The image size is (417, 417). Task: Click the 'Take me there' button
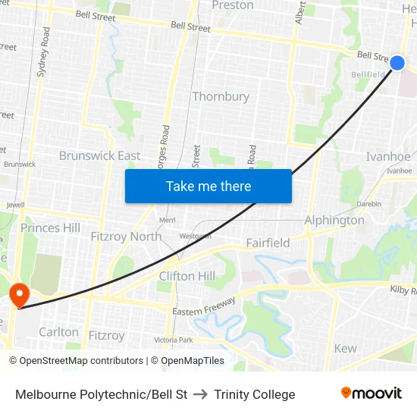(x=208, y=187)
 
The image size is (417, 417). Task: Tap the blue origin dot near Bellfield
(x=397, y=63)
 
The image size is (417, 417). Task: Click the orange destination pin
(x=17, y=293)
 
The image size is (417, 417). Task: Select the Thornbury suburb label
(x=221, y=96)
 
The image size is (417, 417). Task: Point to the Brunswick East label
(x=99, y=155)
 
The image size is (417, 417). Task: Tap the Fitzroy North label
(x=126, y=237)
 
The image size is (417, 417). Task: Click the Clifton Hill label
(x=187, y=276)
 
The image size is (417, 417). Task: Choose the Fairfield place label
(x=268, y=243)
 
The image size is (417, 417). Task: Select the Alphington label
(x=334, y=221)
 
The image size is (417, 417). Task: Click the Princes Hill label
(x=50, y=227)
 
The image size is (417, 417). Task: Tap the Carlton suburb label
(x=58, y=332)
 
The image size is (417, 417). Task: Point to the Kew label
(x=345, y=349)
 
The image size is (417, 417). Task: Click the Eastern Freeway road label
(x=204, y=306)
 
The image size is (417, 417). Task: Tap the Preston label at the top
(x=233, y=5)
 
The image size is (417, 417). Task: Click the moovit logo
(x=372, y=393)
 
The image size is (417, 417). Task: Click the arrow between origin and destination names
(x=201, y=394)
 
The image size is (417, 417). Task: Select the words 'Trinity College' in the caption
(x=255, y=394)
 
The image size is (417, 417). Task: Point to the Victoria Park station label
(x=174, y=340)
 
